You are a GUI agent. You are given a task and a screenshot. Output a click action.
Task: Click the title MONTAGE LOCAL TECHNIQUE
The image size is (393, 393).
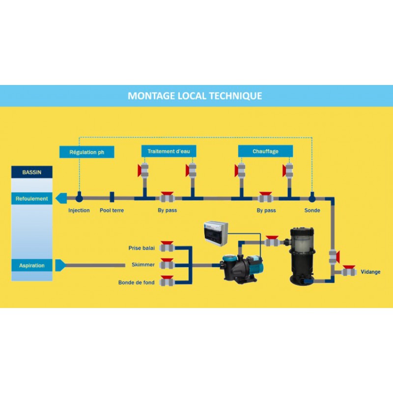[195, 96]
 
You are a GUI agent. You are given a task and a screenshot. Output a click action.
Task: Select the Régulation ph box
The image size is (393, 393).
[86, 152]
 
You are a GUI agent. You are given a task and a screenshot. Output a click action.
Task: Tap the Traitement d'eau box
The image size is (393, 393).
[168, 151]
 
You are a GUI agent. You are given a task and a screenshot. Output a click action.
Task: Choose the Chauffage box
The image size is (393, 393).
[265, 151]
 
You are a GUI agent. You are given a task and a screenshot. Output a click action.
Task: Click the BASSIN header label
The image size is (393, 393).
[32, 172]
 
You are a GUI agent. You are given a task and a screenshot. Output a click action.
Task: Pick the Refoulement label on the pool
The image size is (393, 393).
[32, 199]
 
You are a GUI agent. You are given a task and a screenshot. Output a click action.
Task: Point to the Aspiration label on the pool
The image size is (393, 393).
[32, 266]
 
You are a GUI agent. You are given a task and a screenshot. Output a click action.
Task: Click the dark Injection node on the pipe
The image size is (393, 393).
[79, 198]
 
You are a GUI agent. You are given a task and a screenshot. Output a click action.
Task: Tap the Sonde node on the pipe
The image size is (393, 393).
[312, 198]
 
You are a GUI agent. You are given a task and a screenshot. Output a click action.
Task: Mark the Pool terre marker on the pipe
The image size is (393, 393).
[112, 198]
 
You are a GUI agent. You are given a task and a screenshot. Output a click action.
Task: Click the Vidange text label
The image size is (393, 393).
[370, 272]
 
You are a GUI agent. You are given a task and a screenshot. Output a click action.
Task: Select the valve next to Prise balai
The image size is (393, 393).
[168, 247]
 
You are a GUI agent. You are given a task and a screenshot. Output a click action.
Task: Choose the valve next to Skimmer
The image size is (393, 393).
[168, 265]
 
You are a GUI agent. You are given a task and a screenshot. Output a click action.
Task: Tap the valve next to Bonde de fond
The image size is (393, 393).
[168, 282]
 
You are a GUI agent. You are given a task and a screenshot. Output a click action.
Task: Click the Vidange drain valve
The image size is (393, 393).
[349, 271]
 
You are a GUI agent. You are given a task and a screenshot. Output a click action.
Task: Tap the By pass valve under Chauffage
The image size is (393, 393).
[265, 198]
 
